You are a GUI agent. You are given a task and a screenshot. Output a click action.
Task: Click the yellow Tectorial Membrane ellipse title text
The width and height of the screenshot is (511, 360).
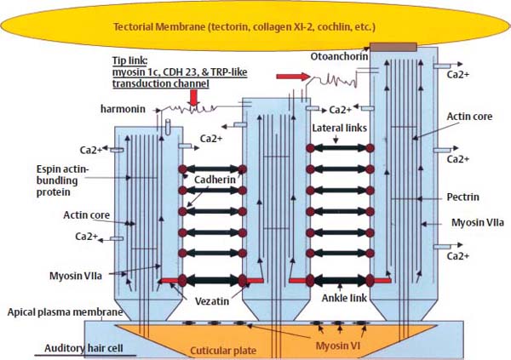255,27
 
